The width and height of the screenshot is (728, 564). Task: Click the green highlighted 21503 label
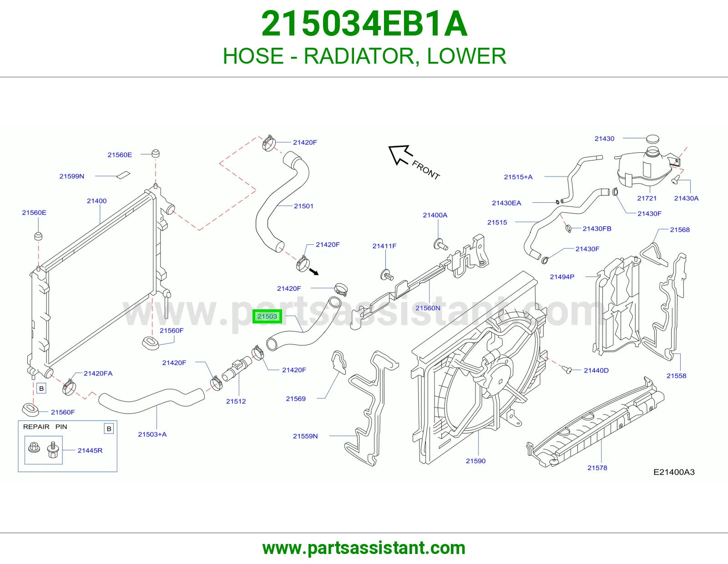tap(267, 316)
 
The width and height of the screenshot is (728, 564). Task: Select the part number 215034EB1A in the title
tap(364, 24)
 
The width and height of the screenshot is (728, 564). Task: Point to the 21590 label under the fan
tap(475, 461)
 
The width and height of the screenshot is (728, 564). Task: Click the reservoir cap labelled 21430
tap(652, 139)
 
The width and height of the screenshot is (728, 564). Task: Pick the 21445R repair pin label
tap(90, 450)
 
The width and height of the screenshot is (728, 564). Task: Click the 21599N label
tap(72, 176)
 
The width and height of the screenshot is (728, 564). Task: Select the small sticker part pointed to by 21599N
tap(123, 175)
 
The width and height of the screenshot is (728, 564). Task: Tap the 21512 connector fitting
tap(237, 368)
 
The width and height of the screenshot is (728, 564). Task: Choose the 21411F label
tap(384, 246)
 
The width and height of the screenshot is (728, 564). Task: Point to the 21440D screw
tap(567, 369)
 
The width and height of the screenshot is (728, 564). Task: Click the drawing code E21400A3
tap(674, 472)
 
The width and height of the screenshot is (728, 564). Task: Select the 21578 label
tap(597, 468)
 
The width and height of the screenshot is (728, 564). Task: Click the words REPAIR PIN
tap(45, 427)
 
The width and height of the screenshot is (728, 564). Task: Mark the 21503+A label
tap(152, 434)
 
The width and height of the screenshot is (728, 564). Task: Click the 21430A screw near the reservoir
tap(675, 180)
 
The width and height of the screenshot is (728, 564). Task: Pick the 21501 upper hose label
tap(303, 206)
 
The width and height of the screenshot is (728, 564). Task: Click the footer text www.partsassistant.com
tap(364, 548)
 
